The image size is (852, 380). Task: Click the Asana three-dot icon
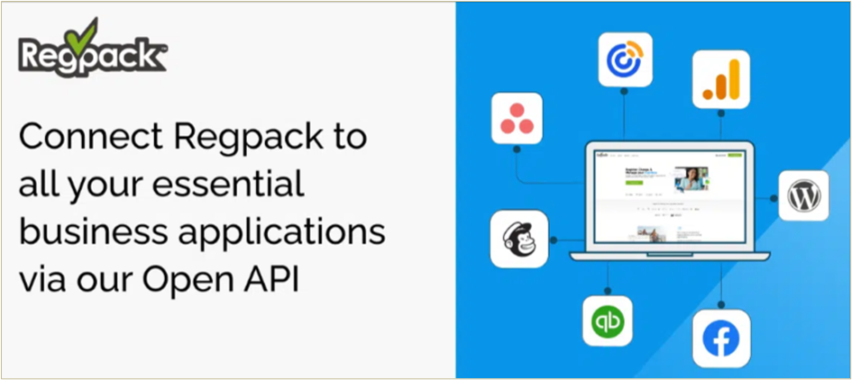coord(517,117)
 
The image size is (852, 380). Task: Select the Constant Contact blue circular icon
coord(625,59)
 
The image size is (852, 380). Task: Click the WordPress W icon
coord(803,195)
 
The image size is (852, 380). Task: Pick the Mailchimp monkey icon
coord(518,240)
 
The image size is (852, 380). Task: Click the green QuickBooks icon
coord(608,321)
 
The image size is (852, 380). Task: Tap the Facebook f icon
coord(722,339)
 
